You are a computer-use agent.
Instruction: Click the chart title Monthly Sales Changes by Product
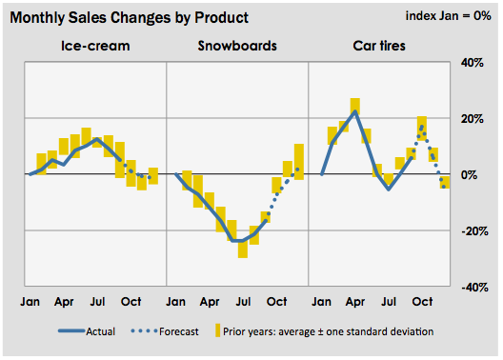click(x=130, y=18)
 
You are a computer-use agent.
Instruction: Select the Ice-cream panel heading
click(x=95, y=46)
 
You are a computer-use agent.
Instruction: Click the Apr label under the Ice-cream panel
click(x=64, y=302)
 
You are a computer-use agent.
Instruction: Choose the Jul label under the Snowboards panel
click(x=243, y=302)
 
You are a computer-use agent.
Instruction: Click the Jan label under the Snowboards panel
click(x=176, y=302)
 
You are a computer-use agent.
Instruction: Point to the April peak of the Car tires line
click(x=355, y=111)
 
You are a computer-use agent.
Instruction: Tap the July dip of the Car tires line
click(x=389, y=189)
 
